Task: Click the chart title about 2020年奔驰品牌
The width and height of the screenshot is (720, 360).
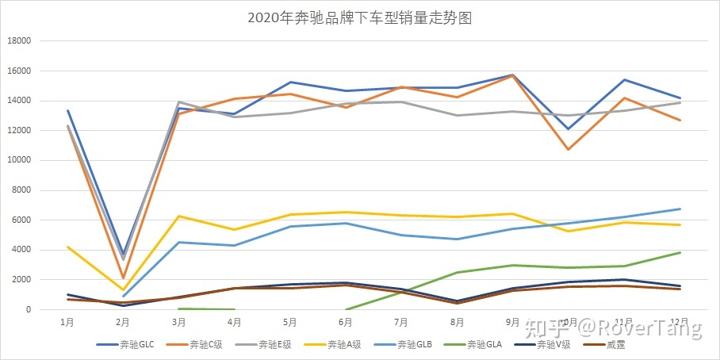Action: [359, 18]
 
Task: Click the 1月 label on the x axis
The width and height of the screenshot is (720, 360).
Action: [67, 323]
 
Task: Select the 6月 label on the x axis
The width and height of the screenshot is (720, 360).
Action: [345, 323]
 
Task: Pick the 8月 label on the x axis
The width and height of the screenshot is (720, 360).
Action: [457, 323]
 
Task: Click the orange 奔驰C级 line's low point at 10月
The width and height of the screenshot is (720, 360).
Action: [569, 149]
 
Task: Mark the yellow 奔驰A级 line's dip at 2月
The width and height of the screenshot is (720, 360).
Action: [123, 289]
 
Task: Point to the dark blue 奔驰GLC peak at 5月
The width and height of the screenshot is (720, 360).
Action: [290, 82]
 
